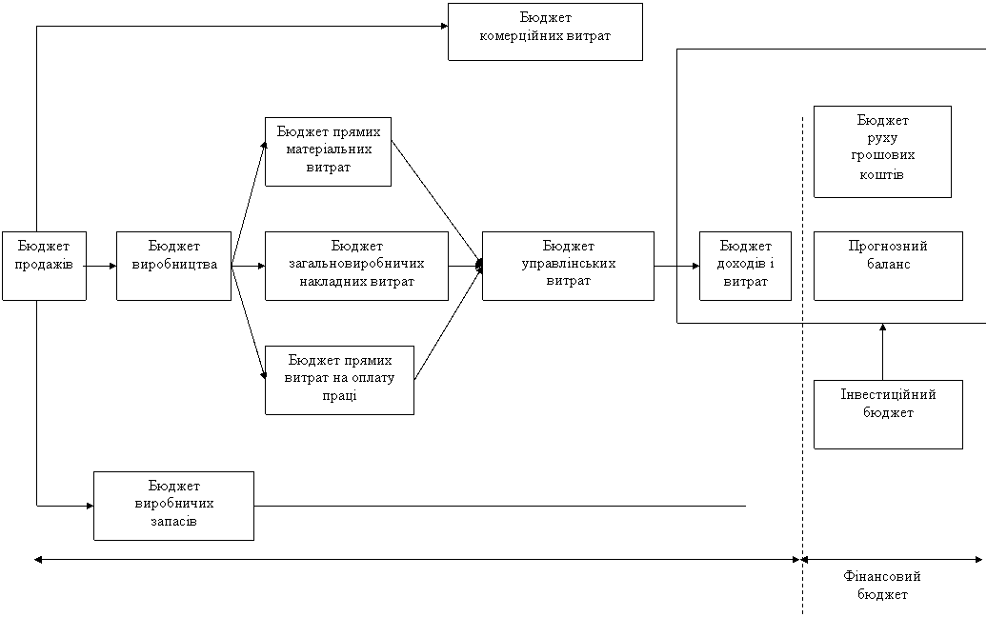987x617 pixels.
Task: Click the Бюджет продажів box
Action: click(44, 266)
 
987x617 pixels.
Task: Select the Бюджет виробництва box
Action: click(173, 266)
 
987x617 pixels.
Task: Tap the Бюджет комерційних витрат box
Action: click(545, 32)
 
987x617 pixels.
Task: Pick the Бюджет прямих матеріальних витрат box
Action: click(328, 151)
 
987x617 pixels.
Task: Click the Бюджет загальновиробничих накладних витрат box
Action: click(357, 266)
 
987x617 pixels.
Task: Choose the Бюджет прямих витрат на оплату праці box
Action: click(339, 380)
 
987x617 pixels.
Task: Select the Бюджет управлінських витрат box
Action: click(569, 266)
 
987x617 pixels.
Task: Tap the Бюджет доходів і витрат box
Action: click(745, 266)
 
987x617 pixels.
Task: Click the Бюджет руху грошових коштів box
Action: click(882, 151)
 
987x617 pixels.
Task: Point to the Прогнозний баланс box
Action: click(888, 266)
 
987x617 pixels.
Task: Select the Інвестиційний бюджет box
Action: click(888, 414)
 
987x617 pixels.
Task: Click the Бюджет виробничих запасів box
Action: click(173, 506)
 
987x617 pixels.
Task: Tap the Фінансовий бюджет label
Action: click(882, 585)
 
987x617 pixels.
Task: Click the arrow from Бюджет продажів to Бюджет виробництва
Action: click(101, 266)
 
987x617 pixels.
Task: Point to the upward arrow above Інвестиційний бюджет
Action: click(882, 352)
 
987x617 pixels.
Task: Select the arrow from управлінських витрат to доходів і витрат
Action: click(676, 266)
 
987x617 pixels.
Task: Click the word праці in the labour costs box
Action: click(339, 396)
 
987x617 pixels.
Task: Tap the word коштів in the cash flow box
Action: click(882, 174)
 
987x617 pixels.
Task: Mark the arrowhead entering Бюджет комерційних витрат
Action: click(444, 27)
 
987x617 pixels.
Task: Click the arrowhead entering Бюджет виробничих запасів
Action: click(90, 506)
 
